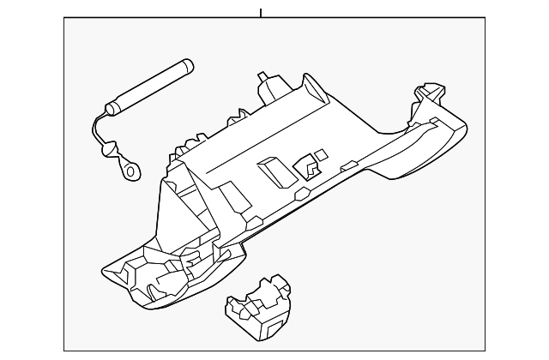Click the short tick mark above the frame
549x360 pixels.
click(x=261, y=12)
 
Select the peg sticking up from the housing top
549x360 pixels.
click(x=265, y=85)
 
